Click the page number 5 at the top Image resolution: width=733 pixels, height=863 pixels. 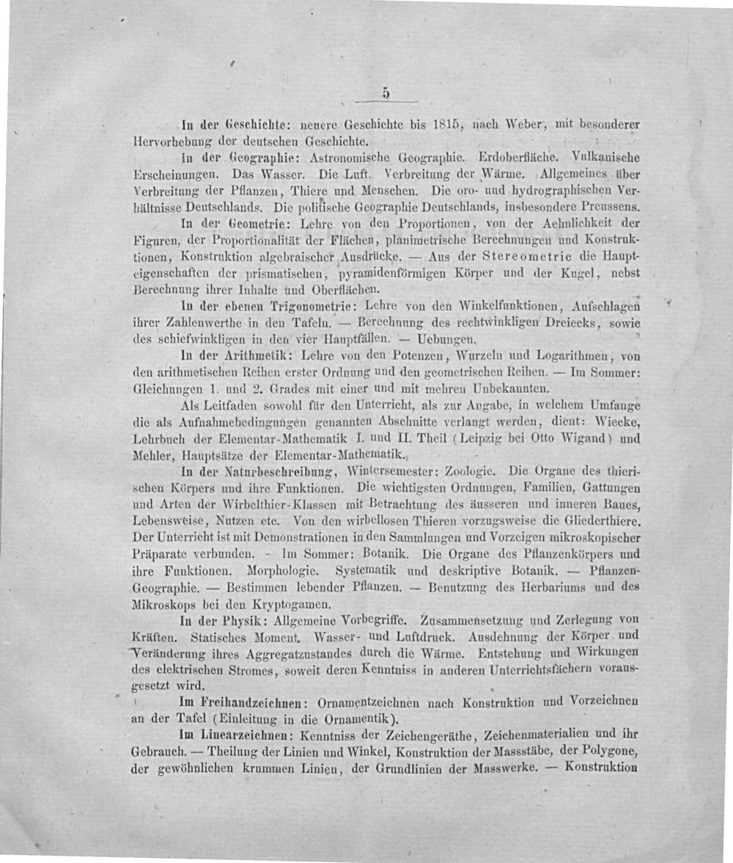(x=384, y=92)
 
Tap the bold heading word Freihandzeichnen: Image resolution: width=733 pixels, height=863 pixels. (x=254, y=701)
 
